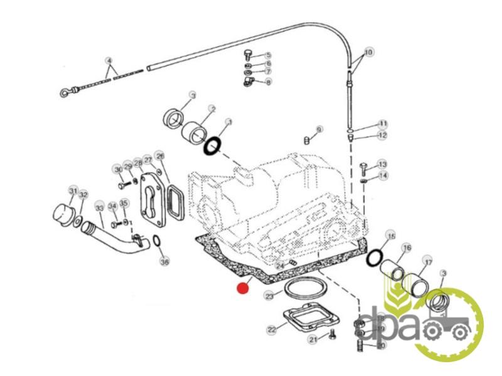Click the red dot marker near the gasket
[243, 288]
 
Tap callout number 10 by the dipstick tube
[368, 51]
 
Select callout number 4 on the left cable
[109, 61]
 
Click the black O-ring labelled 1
[213, 146]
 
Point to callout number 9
[319, 129]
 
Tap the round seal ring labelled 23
[305, 290]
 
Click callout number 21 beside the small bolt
[312, 340]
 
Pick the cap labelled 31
[63, 216]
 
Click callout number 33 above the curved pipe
[99, 207]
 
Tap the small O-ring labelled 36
[158, 244]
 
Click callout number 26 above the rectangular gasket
[159, 155]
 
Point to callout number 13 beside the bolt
[382, 164]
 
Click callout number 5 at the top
[267, 55]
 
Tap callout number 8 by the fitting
[268, 82]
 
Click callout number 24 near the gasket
[280, 266]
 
